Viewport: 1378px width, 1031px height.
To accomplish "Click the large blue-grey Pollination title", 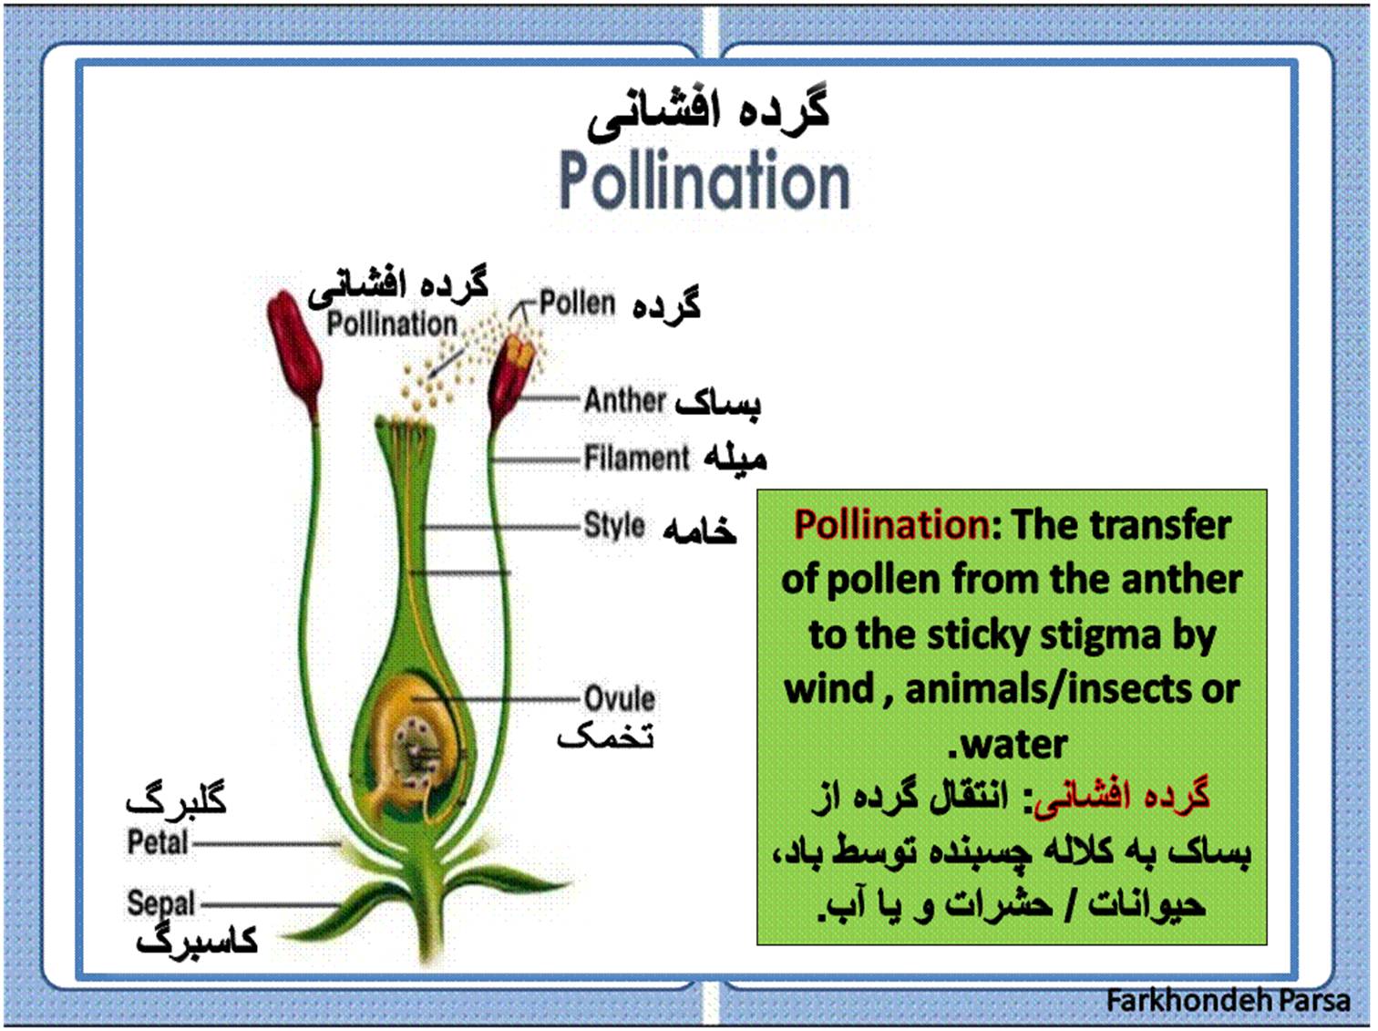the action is pos(704,180).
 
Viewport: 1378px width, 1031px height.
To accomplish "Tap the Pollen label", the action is pos(577,303).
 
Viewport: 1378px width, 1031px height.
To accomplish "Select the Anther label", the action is pos(624,400).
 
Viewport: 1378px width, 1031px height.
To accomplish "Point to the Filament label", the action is pos(636,457).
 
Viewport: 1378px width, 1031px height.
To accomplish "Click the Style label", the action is pos(614,525).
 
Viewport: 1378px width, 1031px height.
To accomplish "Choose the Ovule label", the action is pos(620,698).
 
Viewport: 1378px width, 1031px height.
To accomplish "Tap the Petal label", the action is pos(158,842).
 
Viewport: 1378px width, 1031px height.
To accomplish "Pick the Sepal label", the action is pos(161,903).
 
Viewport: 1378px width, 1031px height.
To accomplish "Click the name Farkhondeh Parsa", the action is pos(1228,1000).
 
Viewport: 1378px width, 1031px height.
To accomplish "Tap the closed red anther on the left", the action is pos(294,355).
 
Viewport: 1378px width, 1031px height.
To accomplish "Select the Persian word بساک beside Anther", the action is pos(717,403).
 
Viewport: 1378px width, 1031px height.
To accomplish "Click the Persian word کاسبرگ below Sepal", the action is pos(197,940).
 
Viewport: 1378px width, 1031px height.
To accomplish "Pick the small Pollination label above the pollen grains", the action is pos(392,324).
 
